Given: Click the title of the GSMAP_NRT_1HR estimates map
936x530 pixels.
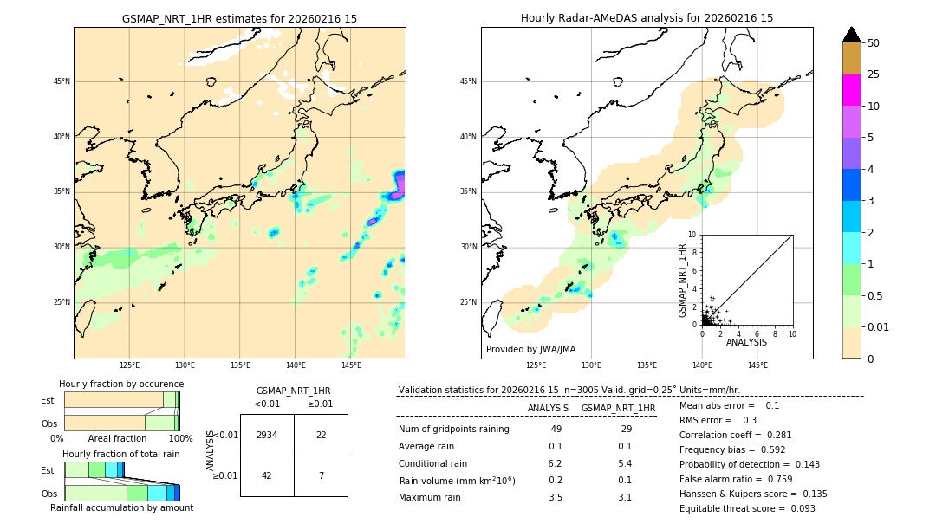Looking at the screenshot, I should pos(239,18).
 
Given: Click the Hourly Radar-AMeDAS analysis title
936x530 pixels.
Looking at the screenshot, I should pos(647,18).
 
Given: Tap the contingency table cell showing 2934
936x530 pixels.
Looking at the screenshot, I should pos(267,435).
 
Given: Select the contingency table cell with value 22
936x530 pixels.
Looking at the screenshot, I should pos(321,435).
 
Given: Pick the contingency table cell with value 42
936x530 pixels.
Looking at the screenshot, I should pos(267,475).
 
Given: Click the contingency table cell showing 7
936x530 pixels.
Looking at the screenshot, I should pos(321,475).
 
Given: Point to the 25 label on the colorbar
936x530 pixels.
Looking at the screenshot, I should pos(874,74).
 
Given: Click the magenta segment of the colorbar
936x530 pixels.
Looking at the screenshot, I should pos(851,90).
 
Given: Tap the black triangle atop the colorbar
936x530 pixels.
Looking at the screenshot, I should pos(851,35).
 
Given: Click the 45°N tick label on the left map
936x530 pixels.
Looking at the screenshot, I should pos(62,81).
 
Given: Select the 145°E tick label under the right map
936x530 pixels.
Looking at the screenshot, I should pos(757,365).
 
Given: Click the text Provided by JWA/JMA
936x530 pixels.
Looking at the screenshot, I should pos(530,349).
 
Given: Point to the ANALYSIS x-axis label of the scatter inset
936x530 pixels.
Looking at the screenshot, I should pos(746,342).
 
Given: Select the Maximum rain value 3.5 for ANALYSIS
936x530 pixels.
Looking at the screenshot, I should pos(556,497).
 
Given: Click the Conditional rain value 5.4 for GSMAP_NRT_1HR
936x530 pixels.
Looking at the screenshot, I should pos(624,463).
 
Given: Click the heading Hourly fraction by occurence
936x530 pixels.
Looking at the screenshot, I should pos(121,384).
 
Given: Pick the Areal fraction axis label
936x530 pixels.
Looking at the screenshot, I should pos(117,439).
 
